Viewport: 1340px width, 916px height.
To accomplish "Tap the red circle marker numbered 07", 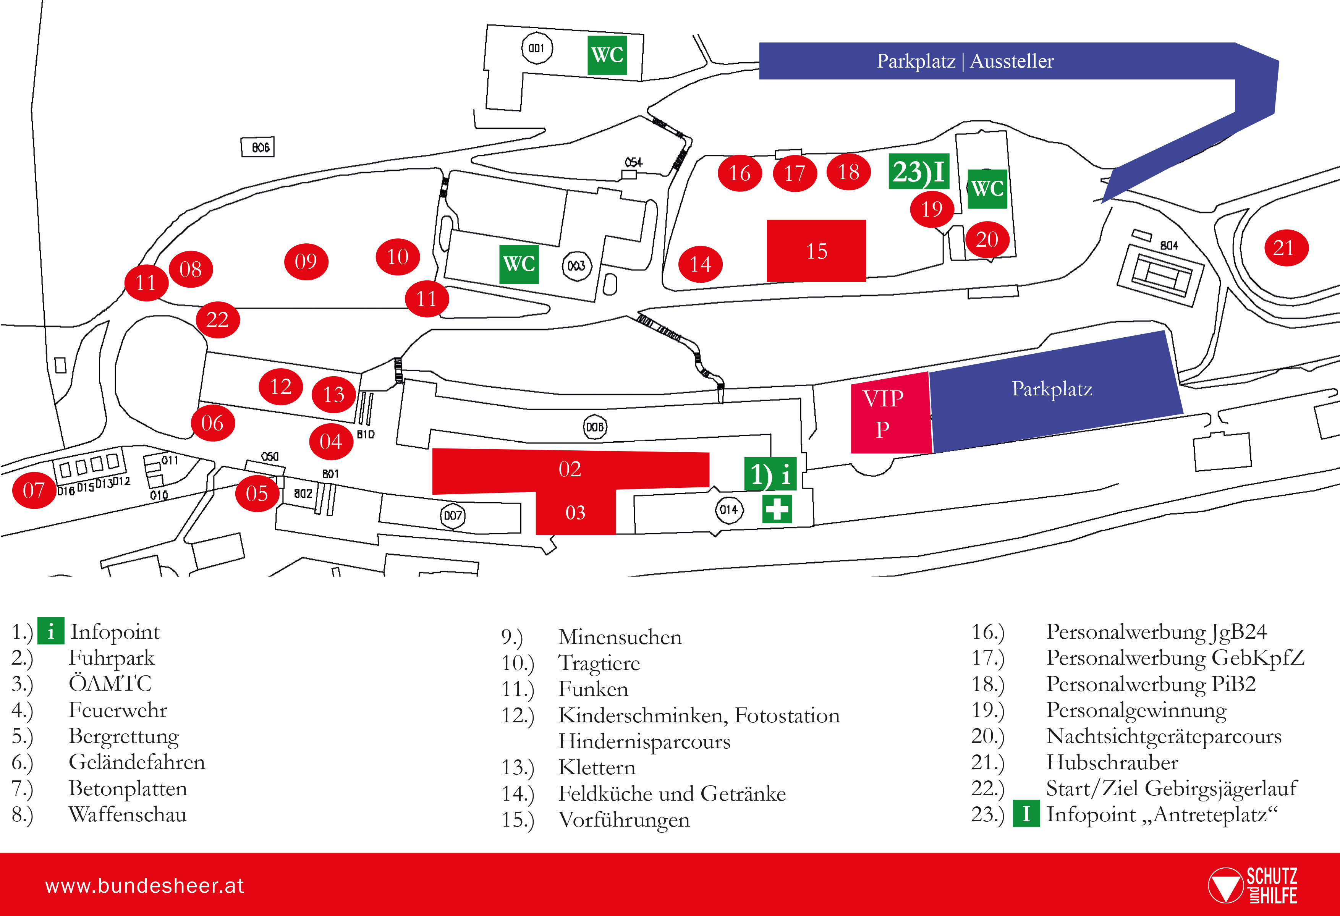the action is (x=34, y=490).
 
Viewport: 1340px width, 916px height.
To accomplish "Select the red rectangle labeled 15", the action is (x=816, y=251).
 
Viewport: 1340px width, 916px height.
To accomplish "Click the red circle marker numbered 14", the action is (x=701, y=264).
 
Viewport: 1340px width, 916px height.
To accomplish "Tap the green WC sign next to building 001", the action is (x=607, y=55).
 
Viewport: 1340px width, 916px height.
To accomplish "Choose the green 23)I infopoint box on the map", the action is (x=919, y=171).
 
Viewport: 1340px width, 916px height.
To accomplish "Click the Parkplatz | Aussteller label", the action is (x=965, y=60).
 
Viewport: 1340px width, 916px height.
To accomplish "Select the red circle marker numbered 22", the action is (x=217, y=319).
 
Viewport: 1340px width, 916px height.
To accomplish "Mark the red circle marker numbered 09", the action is (x=306, y=261).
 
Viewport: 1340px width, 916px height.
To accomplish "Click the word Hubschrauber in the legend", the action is (x=1112, y=762).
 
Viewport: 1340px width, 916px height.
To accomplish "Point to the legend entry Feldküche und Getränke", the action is (x=672, y=794).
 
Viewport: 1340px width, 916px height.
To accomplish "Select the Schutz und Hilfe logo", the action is (x=1253, y=885).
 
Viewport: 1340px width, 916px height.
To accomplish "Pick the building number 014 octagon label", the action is (x=729, y=510).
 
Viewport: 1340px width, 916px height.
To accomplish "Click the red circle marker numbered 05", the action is (x=257, y=494).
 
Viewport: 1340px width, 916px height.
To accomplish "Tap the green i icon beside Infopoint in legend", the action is (x=51, y=631).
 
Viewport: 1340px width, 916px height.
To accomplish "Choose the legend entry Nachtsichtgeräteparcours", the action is (x=1164, y=736).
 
